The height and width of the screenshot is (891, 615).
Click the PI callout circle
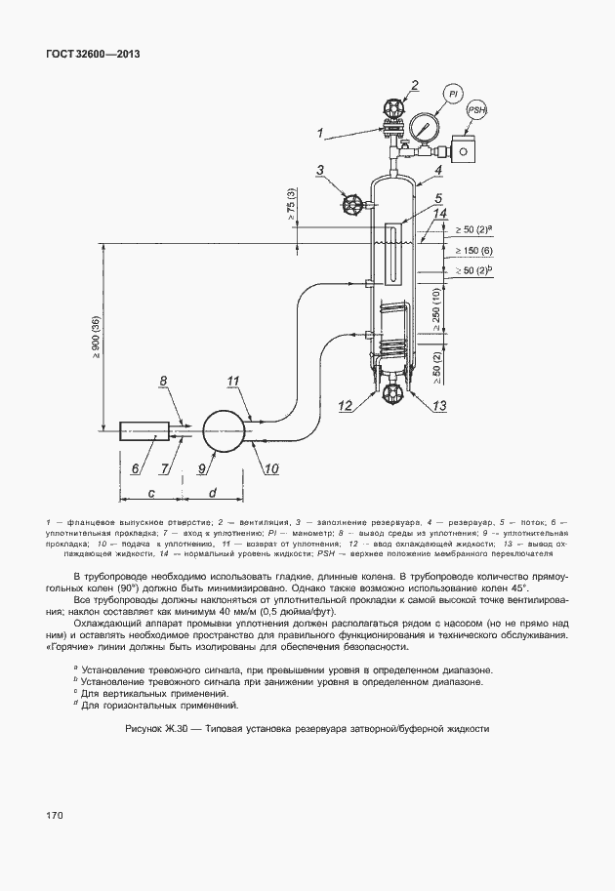(x=454, y=94)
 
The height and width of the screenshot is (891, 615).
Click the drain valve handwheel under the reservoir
(x=394, y=393)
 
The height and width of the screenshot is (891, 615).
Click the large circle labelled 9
(x=223, y=428)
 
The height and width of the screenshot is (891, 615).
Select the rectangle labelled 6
(x=143, y=429)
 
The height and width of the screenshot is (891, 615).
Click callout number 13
(x=439, y=405)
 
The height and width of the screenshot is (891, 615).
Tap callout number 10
(x=270, y=468)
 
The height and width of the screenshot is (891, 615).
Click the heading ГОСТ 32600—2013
(x=93, y=54)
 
